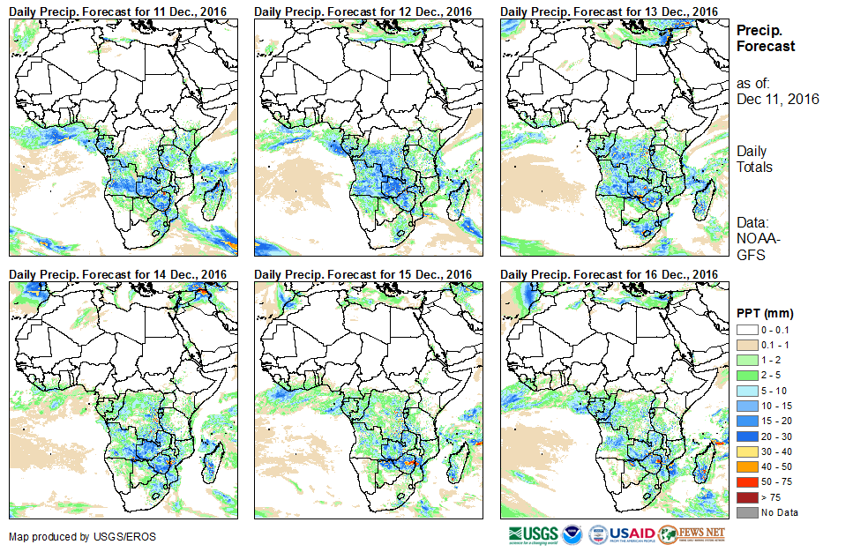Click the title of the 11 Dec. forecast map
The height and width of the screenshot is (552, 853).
tap(118, 10)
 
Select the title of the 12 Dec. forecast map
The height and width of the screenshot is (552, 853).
tap(363, 10)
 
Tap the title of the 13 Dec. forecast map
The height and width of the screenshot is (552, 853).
tap(610, 10)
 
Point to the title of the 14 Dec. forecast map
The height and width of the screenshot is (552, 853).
tap(118, 274)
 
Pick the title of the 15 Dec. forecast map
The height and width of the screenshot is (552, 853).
tap(363, 274)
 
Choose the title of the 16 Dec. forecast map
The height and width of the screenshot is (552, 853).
tap(610, 274)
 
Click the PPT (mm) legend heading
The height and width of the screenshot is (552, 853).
tap(765, 313)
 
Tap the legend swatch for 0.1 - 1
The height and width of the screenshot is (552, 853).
tap(746, 344)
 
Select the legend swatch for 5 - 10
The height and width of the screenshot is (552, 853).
tap(746, 390)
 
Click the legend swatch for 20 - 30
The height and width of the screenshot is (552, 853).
tap(746, 436)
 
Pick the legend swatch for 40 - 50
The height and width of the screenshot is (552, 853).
tap(746, 466)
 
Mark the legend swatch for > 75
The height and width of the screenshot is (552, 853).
tap(746, 497)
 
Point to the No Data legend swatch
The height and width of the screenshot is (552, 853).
tap(746, 512)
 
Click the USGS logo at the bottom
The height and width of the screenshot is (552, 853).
tap(533, 534)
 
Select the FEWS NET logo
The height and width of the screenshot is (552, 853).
tap(692, 534)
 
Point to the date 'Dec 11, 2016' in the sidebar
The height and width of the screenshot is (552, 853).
tap(778, 99)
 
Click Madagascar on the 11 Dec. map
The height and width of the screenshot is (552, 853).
tap(213, 198)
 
